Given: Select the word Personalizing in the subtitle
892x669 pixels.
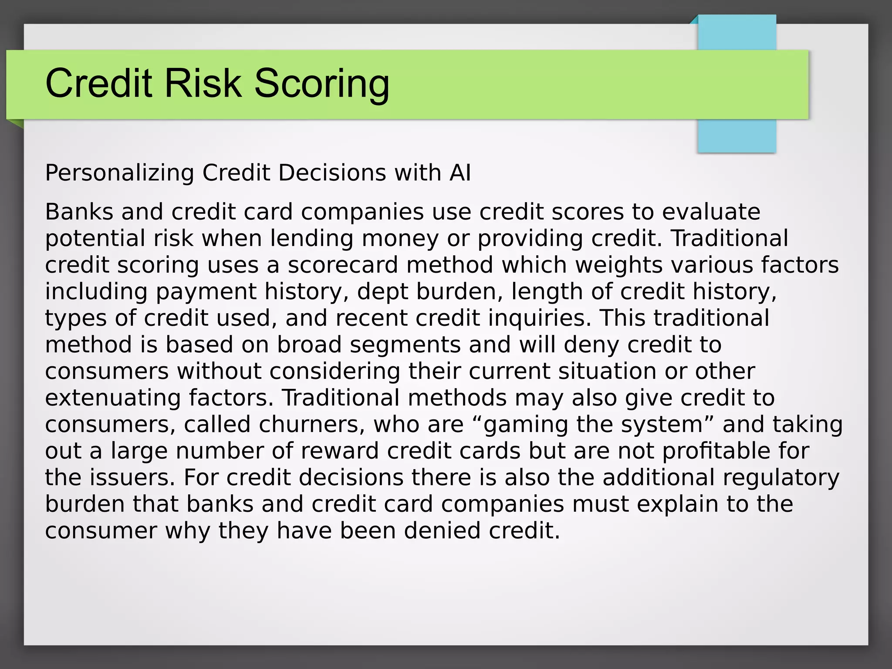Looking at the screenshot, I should [x=119, y=173].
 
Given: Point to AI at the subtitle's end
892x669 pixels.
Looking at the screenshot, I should [x=460, y=173].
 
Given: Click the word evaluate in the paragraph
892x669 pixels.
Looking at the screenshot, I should [x=711, y=212].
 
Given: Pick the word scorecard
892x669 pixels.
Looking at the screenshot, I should [x=343, y=265].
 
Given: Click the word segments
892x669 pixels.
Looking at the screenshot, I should [x=405, y=345].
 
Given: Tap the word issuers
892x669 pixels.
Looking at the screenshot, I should [x=132, y=478].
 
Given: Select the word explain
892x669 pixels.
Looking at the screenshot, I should [x=677, y=504].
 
